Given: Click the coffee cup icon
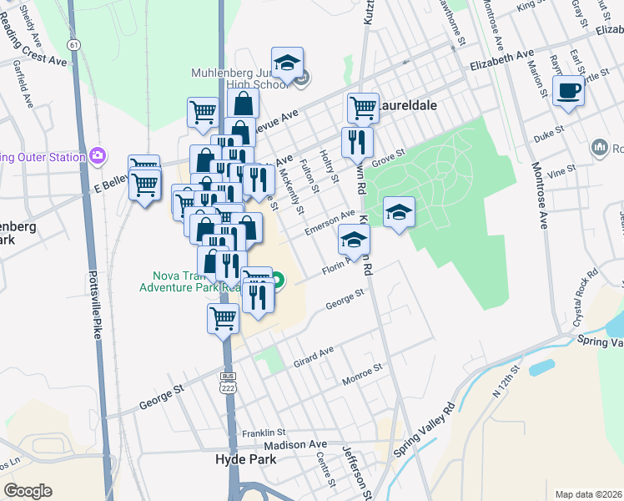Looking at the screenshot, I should pos(568,91).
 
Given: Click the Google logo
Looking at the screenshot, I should pos(28,491).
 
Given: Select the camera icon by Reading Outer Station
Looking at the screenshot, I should pos(98,156).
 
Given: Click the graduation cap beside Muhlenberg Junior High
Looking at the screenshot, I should pos(288,64).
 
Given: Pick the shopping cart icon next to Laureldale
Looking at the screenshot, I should pos(363,108).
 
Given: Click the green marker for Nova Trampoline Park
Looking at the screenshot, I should pos(276,281).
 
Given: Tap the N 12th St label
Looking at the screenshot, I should pos(511,381).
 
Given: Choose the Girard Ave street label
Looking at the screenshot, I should pos(313,357).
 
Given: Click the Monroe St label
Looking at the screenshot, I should pos(362,375).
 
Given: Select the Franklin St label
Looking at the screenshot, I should pos(264,433).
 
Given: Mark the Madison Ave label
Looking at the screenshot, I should pos(307,445).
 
